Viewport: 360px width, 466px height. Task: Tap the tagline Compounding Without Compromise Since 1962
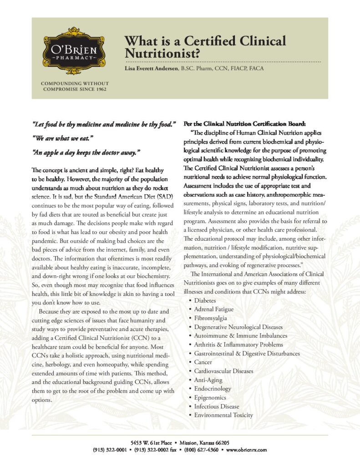(75, 86)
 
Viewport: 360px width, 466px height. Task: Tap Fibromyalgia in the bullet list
(211, 318)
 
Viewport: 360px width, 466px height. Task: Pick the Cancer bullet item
(203, 362)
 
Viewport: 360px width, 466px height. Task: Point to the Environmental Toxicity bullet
(223, 415)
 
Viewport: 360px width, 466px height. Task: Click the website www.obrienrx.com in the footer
(245, 450)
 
